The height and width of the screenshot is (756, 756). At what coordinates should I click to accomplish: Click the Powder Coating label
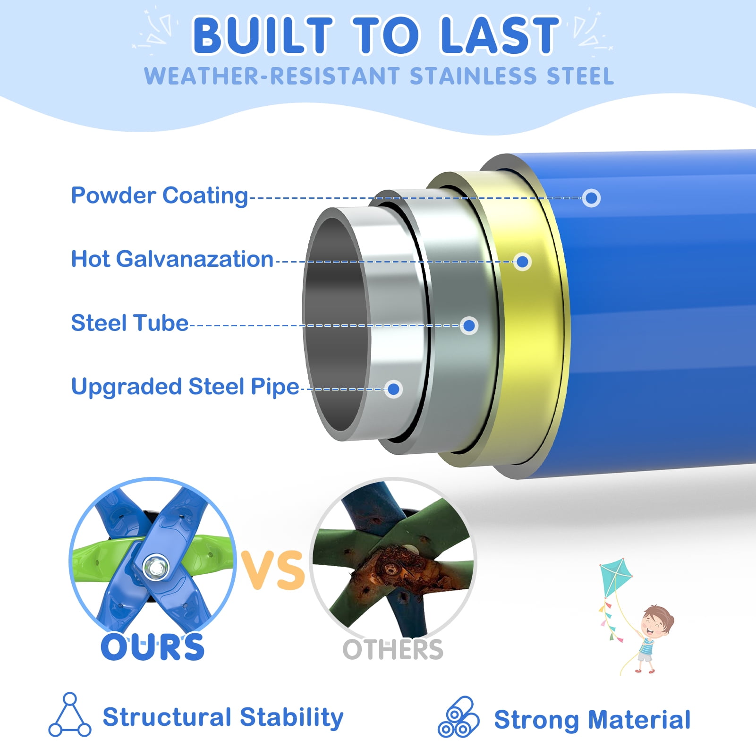pos(160,195)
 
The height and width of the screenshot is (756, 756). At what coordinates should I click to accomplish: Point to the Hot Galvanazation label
pos(172,259)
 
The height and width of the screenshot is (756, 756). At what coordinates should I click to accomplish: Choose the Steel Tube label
pos(130,323)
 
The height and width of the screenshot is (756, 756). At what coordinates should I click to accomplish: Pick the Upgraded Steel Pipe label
pos(185,387)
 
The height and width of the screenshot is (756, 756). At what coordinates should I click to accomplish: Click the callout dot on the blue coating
pos(591,198)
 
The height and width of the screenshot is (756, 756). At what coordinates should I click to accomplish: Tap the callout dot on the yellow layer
pos(522,262)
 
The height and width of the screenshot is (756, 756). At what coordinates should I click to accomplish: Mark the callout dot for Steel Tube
pos(469,325)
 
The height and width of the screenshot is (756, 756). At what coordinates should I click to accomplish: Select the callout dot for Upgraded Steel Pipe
pos(393,389)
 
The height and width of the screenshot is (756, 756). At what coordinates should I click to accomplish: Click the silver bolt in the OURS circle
pos(155,567)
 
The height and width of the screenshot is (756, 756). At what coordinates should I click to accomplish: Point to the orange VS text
pos(273,570)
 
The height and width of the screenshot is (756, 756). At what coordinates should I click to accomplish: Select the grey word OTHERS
pos(393,650)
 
